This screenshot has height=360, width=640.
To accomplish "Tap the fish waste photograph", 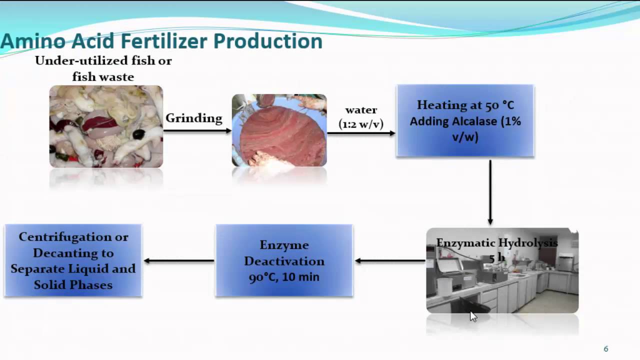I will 106,126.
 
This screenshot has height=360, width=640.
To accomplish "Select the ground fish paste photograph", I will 279,130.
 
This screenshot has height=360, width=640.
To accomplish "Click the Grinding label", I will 193,118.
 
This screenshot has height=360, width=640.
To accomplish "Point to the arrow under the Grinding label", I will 197,131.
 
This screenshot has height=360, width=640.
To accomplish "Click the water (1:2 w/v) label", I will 361,117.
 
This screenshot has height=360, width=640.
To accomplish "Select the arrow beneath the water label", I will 361,133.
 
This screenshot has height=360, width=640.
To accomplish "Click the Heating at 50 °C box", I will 465,121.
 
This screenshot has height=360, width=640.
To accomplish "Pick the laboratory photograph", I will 502,280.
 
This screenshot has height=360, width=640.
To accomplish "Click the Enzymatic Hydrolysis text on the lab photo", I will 496,243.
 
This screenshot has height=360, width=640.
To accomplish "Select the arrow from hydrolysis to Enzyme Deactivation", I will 390,260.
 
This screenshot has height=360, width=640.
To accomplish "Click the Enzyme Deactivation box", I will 284,260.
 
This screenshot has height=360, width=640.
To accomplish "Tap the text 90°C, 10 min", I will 284,277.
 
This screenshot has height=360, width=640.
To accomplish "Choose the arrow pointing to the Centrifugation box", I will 179,260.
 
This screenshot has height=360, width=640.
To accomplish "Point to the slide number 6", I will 606,349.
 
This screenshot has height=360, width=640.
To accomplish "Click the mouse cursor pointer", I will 473,316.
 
